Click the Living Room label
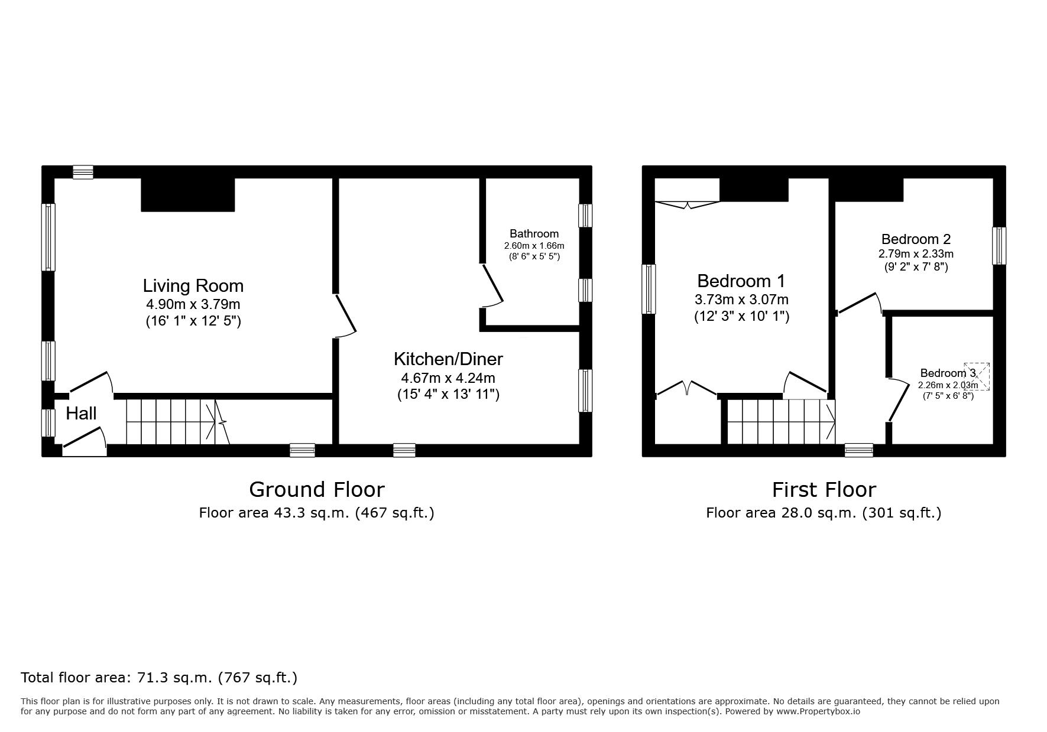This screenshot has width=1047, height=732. [193, 286]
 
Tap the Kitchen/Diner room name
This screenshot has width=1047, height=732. [448, 359]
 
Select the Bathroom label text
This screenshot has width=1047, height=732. [534, 234]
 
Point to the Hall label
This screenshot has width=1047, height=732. [81, 414]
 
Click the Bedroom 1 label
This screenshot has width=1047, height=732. [741, 281]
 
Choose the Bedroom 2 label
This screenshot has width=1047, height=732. [916, 239]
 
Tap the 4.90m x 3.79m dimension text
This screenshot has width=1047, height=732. [193, 305]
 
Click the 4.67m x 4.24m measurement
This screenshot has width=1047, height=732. [448, 378]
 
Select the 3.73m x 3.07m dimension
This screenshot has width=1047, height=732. [741, 300]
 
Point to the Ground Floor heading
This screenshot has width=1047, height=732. [317, 490]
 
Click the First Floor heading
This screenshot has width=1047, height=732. [824, 490]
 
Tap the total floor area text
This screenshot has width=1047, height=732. [159, 678]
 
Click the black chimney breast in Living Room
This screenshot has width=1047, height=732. [188, 194]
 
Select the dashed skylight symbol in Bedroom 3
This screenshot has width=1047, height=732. [977, 376]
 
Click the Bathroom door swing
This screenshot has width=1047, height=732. [492, 287]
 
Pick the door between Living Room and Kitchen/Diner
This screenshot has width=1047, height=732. [346, 315]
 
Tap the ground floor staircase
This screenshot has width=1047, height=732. [178, 422]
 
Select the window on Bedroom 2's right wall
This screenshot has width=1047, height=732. [999, 246]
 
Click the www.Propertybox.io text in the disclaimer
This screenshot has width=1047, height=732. [818, 711]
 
